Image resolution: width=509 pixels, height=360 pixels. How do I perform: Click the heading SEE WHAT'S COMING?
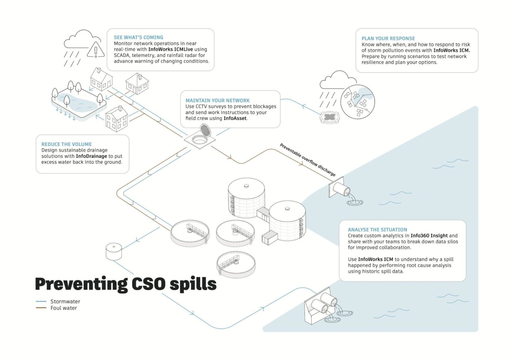138,37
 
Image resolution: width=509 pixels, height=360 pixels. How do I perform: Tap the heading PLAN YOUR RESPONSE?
388,38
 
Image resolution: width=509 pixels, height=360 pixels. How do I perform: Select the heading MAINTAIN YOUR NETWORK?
217,100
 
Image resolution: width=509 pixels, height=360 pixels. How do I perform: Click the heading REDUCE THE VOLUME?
66,144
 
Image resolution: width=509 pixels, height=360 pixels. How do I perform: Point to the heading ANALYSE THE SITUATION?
377,230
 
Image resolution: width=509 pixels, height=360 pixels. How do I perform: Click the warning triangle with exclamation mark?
96,50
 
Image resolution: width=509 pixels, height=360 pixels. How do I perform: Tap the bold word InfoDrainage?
91,156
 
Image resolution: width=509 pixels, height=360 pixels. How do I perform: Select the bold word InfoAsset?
235,118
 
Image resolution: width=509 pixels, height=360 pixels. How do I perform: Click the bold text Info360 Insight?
429,236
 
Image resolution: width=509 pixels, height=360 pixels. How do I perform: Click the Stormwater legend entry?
65,301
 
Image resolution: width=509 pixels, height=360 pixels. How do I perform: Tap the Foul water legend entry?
63,308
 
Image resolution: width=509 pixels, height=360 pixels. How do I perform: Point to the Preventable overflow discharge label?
308,160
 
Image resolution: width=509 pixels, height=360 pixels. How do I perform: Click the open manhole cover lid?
205,130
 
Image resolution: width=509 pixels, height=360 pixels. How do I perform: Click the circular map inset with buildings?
357,102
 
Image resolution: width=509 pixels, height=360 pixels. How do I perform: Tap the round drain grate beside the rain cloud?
329,117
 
